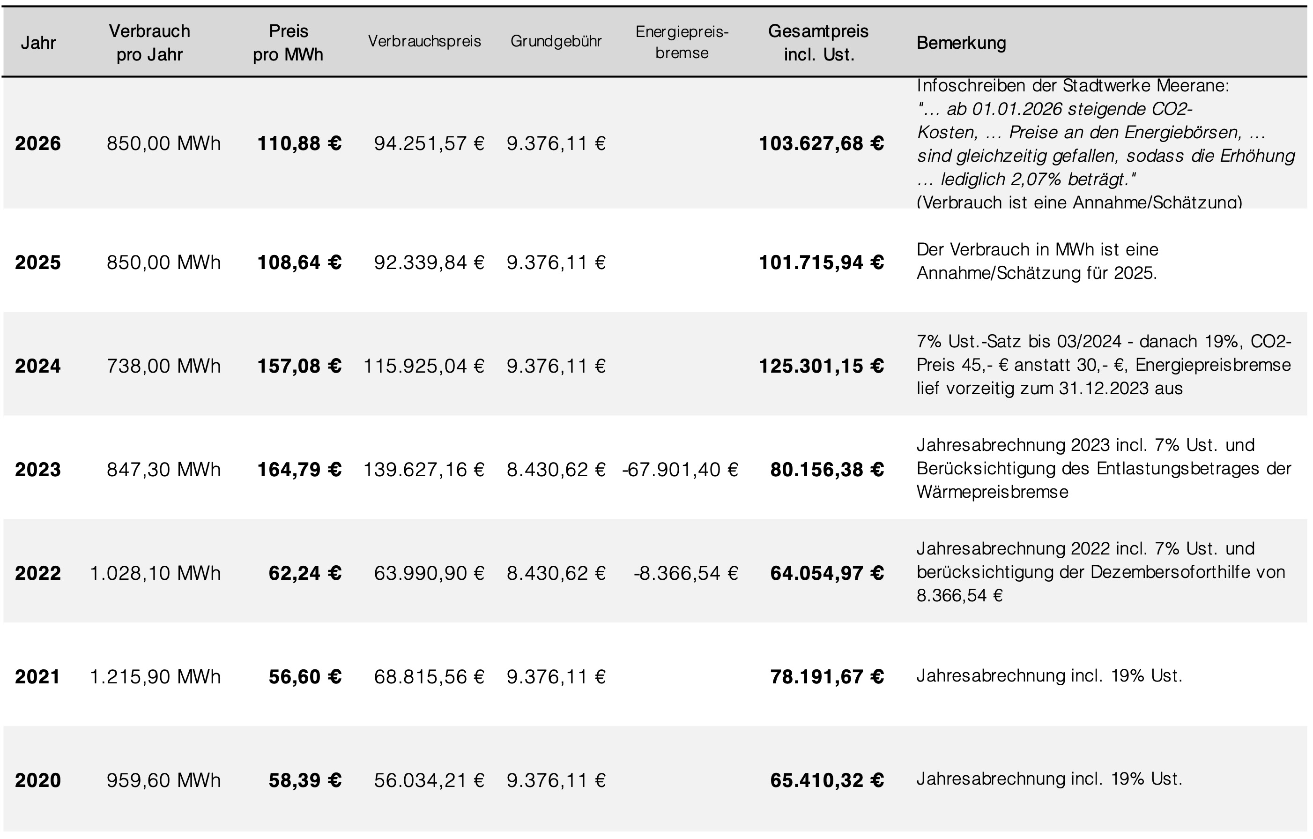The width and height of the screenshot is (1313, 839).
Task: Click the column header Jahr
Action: point(38,43)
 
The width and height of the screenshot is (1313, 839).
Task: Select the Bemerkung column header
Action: point(961,43)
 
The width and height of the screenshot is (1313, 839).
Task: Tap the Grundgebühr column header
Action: point(556,41)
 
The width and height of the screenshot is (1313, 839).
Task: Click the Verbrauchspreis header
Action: point(424,41)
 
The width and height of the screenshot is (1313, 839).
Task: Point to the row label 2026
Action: point(37,143)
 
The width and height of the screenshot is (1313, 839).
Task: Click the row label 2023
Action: point(37,470)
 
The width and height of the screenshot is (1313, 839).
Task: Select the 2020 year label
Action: point(37,780)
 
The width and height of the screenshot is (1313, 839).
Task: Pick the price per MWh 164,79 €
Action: point(299,470)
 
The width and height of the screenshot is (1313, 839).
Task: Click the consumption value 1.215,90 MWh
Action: point(156,677)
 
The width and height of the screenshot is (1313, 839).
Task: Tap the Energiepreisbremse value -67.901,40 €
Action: point(680,470)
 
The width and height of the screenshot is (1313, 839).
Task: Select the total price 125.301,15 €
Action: point(821,366)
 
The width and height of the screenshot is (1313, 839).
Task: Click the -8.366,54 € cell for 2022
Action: point(685,573)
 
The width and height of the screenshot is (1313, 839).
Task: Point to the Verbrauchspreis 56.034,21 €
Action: point(429,780)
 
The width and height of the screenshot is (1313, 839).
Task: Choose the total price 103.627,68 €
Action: point(821,143)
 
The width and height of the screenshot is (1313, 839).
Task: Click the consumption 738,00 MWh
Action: point(163,366)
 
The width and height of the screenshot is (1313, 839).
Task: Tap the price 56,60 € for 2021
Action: point(305,677)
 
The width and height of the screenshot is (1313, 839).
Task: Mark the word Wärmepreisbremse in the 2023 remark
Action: point(993,492)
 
